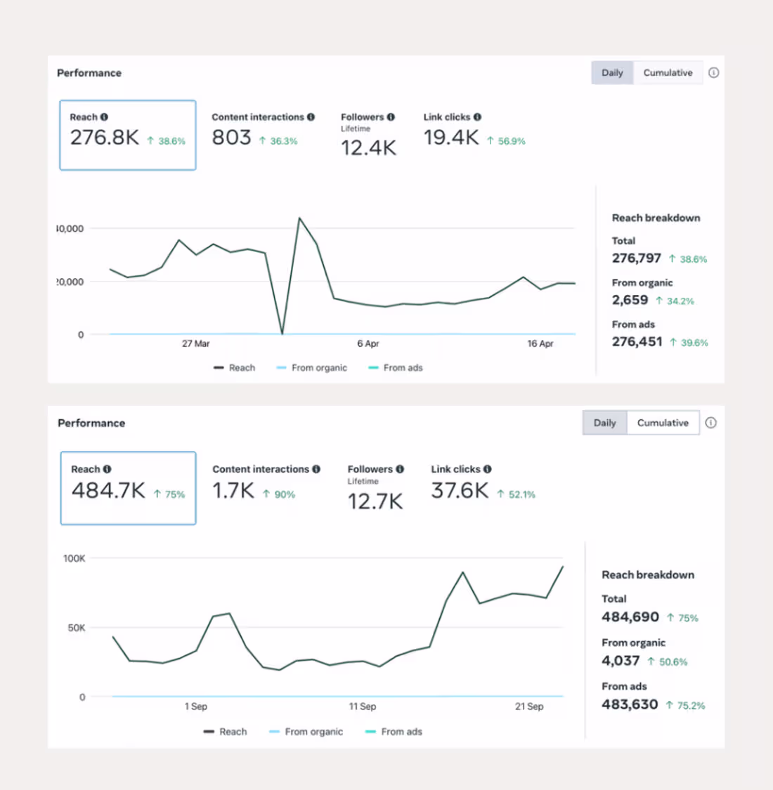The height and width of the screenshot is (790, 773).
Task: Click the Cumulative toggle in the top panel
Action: click(668, 73)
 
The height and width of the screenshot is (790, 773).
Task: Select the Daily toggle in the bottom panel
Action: click(604, 423)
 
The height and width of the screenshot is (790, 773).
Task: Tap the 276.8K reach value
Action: click(105, 138)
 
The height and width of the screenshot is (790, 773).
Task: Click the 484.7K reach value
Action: click(108, 491)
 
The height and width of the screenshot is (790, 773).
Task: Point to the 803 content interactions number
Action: click(231, 138)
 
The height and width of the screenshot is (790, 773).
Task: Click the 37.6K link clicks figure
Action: click(460, 491)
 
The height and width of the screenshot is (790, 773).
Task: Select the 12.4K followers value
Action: click(368, 148)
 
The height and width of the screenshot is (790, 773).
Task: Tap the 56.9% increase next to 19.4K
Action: click(511, 141)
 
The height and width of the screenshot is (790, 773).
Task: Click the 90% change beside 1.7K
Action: click(284, 494)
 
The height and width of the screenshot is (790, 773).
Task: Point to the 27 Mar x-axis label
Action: click(195, 343)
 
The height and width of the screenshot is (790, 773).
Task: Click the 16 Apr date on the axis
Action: click(540, 343)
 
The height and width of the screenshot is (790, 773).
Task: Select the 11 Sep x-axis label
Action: click(363, 706)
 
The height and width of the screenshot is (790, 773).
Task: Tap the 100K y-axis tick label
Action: click(74, 558)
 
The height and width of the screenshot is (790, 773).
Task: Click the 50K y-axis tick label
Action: click(77, 628)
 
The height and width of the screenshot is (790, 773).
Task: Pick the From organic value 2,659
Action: click(630, 300)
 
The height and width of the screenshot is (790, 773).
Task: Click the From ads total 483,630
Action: click(630, 704)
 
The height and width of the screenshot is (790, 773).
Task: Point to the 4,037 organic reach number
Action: click(621, 661)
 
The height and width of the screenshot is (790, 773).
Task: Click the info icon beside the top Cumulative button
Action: click(713, 73)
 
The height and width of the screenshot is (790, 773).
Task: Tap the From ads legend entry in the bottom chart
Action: click(401, 732)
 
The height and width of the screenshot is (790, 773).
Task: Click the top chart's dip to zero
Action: click(282, 333)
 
